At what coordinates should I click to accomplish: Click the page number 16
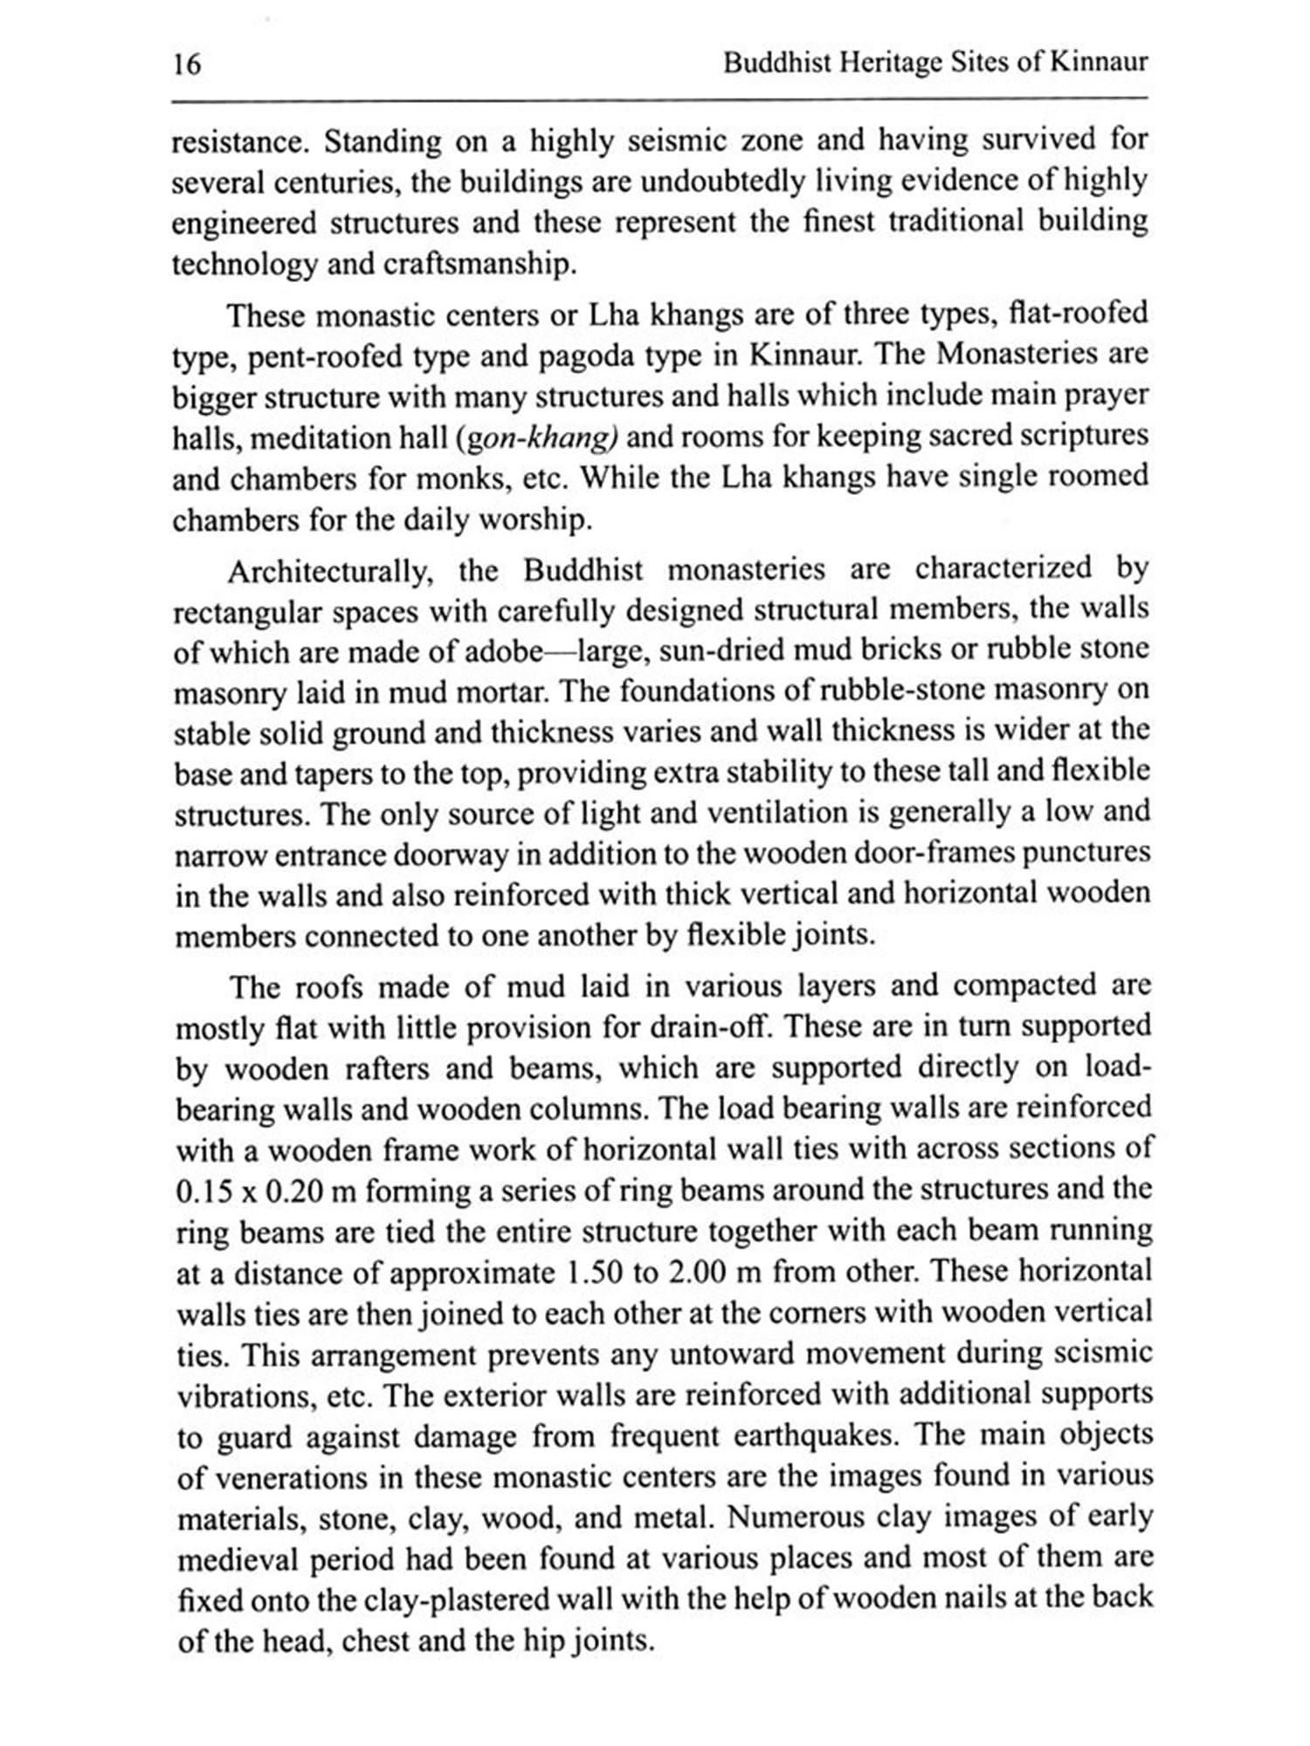click(187, 65)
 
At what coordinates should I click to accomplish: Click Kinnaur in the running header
click(1098, 63)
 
